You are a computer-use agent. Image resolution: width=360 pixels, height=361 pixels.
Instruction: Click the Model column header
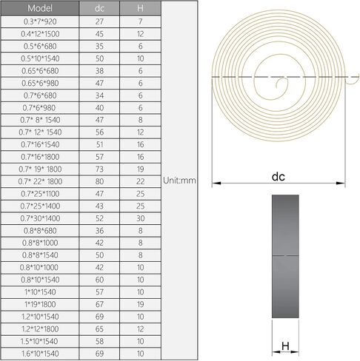pos(40,8)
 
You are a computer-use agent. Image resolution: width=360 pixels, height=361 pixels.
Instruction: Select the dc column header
pos(99,8)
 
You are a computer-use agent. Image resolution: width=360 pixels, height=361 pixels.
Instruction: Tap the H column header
pos(140,8)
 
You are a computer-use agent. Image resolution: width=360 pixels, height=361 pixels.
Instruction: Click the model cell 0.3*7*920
pos(40,21)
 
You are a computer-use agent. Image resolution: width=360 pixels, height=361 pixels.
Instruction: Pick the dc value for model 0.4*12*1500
pos(99,34)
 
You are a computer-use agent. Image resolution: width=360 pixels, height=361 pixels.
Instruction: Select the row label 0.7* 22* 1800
pos(40,181)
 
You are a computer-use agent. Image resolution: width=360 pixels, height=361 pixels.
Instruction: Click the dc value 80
pos(99,181)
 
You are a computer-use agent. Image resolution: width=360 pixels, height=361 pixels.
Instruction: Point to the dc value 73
pos(99,169)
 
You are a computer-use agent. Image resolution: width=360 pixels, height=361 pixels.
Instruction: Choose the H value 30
pos(140,218)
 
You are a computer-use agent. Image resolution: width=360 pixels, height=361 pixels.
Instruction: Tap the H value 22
pos(140,181)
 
